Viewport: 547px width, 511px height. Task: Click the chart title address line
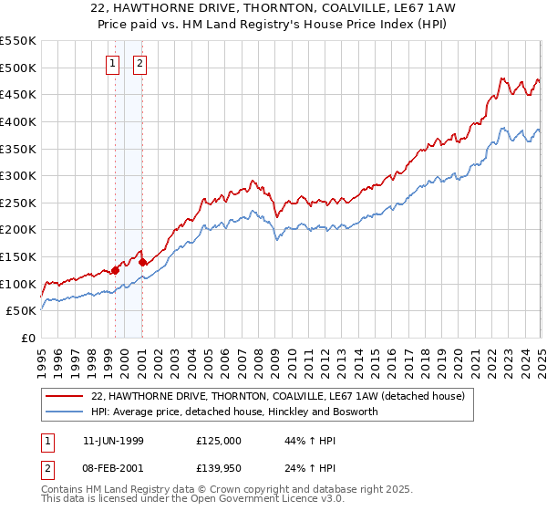(273, 8)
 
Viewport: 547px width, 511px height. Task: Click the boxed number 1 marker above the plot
(112, 64)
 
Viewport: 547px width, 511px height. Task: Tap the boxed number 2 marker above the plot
(140, 64)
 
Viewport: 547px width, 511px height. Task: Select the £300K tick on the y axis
(18, 175)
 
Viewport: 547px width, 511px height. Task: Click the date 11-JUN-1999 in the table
(113, 440)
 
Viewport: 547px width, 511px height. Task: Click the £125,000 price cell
(219, 440)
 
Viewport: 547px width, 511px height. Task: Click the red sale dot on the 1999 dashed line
(116, 270)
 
